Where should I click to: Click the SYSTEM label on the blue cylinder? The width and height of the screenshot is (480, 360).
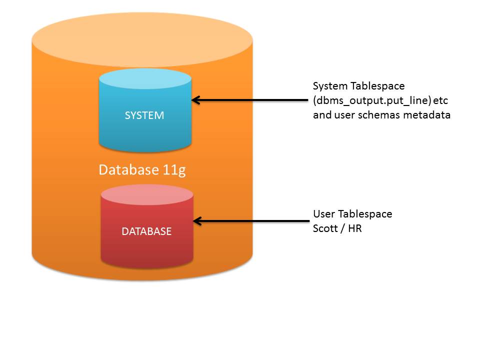tap(144, 115)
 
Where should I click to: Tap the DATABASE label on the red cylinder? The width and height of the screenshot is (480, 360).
tap(146, 231)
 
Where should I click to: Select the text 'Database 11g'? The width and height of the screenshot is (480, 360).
tap(142, 170)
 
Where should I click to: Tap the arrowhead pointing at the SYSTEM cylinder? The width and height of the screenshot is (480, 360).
tap(196, 100)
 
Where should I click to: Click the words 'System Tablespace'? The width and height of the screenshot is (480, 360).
tap(358, 86)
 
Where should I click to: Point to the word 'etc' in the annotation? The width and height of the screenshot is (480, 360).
tap(440, 100)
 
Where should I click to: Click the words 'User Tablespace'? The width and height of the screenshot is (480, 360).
tap(352, 214)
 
